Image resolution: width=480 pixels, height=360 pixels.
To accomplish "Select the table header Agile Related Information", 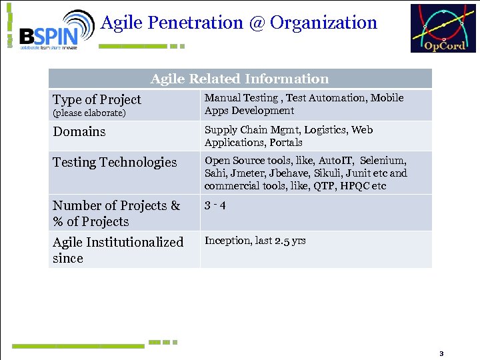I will (x=239, y=79).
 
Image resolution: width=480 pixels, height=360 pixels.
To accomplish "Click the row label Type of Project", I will (x=97, y=99).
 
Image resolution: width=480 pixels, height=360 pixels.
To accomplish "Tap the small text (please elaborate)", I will (x=89, y=113).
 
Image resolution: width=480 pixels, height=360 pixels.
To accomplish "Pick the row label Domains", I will (x=79, y=131).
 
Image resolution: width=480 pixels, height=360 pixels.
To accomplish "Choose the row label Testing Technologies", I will (x=115, y=162).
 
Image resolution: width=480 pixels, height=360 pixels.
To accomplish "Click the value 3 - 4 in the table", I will (x=215, y=205).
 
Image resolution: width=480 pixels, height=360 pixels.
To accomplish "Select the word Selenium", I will (x=384, y=161).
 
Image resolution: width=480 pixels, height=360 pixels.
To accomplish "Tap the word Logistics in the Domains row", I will (x=325, y=130).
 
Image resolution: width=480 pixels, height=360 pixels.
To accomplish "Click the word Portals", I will (x=286, y=143).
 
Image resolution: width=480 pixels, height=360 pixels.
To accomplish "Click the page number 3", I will (x=441, y=353).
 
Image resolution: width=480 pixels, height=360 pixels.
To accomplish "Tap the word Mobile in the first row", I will (x=387, y=98).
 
